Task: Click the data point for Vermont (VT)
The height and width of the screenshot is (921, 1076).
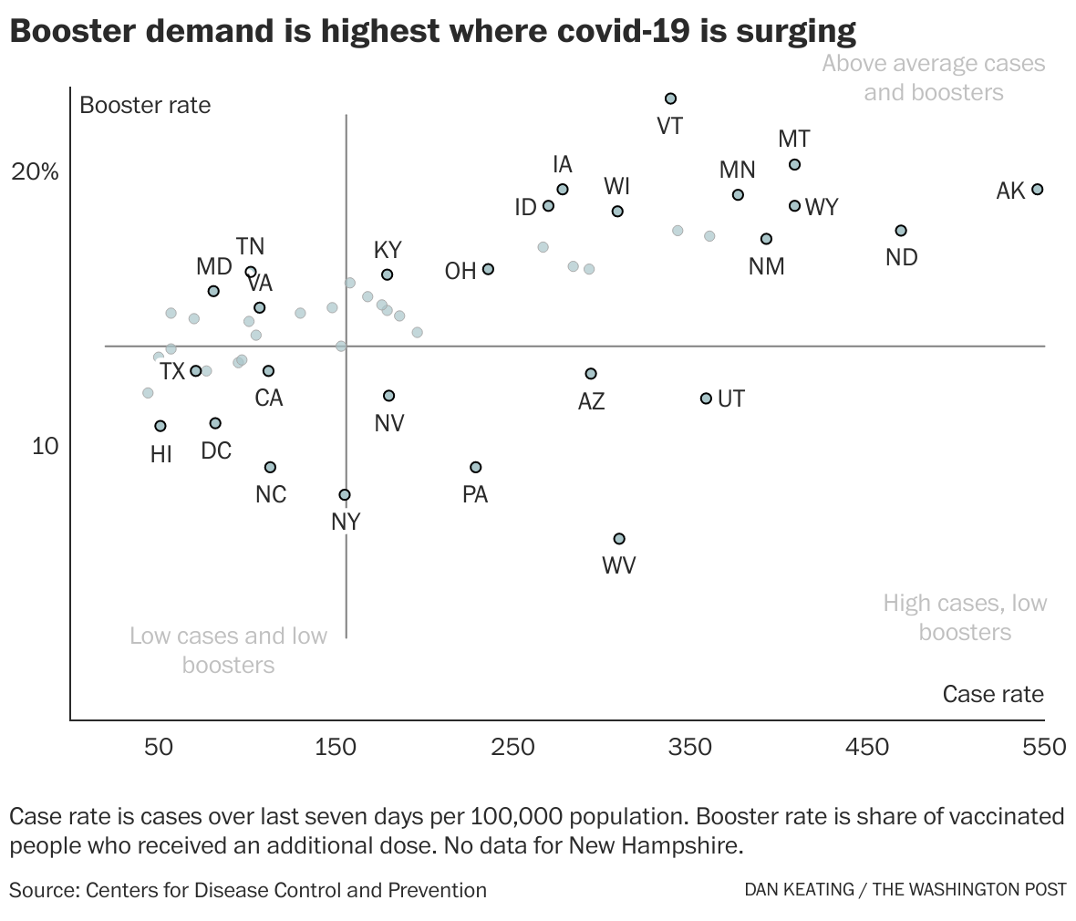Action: point(670,98)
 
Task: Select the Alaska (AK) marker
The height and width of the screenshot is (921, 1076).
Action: point(1037,190)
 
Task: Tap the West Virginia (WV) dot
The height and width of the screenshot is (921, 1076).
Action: point(619,539)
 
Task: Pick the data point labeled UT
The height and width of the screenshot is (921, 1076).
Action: point(706,398)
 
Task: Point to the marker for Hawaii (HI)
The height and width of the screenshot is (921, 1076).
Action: point(160,426)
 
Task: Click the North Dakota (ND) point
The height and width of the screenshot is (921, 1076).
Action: point(901,231)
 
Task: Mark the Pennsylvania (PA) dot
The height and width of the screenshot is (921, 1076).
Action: point(475,467)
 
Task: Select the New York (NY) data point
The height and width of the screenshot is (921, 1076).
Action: point(345,495)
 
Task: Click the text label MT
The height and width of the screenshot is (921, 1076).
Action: point(793,140)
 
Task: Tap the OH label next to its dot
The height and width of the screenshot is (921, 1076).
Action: point(460,271)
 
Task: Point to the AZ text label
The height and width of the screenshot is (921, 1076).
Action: point(591,401)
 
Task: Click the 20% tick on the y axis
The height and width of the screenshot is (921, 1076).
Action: point(35,172)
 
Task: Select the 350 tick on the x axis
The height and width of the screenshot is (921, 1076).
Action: point(690,748)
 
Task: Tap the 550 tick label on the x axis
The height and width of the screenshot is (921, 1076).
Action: point(1044,748)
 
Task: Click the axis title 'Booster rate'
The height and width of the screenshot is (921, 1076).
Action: point(145,105)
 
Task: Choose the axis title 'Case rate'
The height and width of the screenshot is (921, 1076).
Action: point(993,694)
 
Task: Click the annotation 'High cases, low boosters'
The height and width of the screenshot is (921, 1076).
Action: point(965,617)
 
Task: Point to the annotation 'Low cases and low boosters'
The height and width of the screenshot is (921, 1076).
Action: point(228,650)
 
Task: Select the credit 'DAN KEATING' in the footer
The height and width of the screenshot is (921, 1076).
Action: point(798,890)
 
